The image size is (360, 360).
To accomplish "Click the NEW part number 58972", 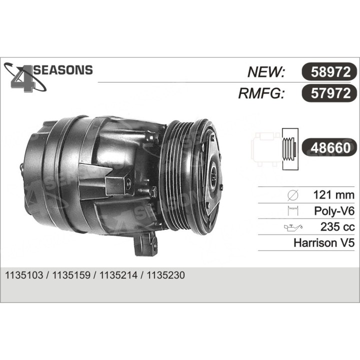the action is coord(330,72).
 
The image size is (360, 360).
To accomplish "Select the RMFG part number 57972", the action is coord(330,93).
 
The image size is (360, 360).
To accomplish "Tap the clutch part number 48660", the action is coord(330,147).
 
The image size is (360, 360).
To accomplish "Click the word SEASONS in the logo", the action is coord(63,70).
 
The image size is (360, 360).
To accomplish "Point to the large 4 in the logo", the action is coord(23,79).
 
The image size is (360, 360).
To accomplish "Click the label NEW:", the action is coord(266,72).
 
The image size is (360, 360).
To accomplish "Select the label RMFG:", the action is coord(261,93).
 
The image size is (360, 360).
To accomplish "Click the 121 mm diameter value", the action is coord(333,195).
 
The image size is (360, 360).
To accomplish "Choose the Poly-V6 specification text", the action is coord(334,211).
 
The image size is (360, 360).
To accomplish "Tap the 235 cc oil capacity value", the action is coord(337,227).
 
